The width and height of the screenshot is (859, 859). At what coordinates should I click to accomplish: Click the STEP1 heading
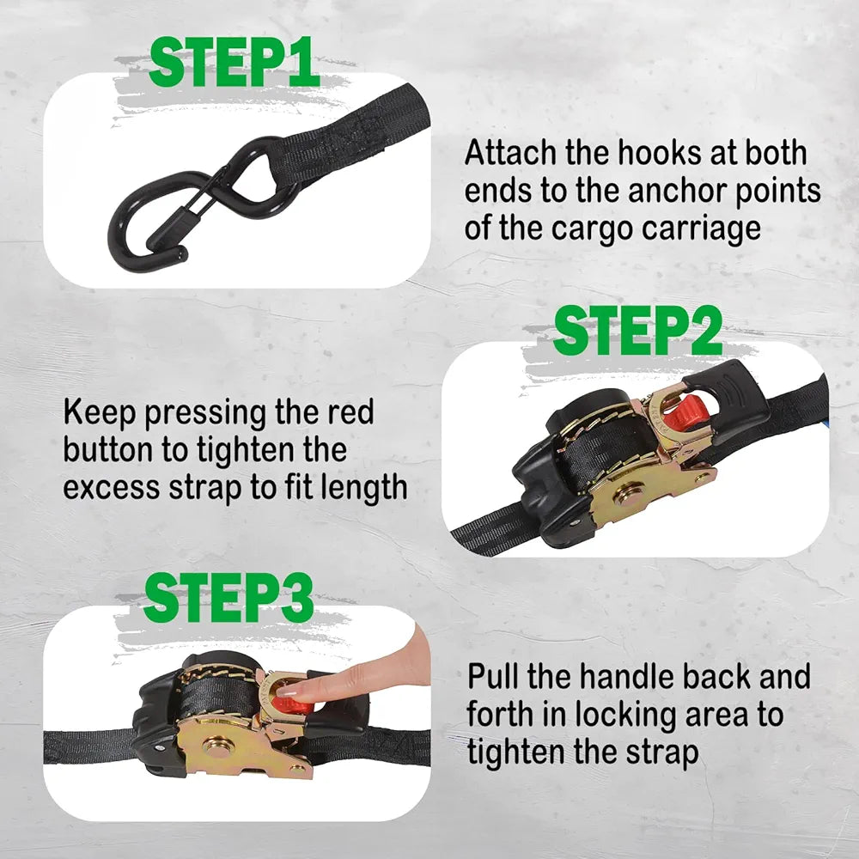pyautogui.click(x=234, y=62)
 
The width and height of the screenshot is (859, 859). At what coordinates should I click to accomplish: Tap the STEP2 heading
pyautogui.click(x=637, y=331)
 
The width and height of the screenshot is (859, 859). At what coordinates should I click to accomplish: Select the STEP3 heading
pyautogui.click(x=228, y=598)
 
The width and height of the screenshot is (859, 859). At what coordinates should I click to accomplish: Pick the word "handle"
pyautogui.click(x=628, y=677)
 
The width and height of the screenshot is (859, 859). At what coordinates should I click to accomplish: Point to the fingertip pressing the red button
pyautogui.click(x=288, y=689)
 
